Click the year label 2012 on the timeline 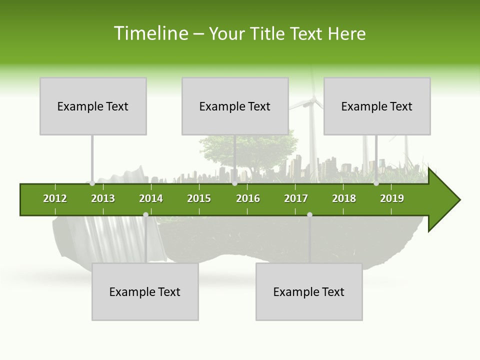pos(55,198)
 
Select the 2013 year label pos(103,198)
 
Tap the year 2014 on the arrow pos(151,198)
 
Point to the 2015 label pos(199,198)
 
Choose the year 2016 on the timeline pos(248,198)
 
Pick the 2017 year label pos(296,198)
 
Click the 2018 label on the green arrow pos(344,198)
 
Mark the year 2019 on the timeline pos(392,198)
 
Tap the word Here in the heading pos(346,33)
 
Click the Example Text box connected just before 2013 pos(93,106)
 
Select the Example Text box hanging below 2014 pos(145,291)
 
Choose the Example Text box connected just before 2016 pos(235,106)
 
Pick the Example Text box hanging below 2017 pos(309,291)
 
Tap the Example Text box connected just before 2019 pos(377,106)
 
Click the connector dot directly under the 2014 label pos(145,214)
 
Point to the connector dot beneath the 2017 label pos(309,214)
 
